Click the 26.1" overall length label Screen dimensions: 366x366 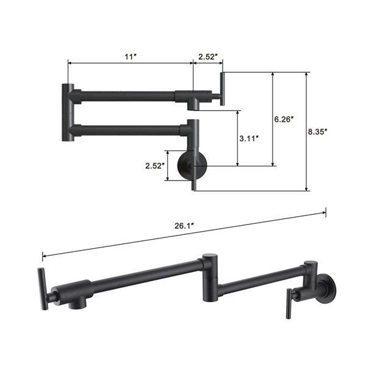[184, 226]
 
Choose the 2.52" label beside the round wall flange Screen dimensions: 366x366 [155, 165]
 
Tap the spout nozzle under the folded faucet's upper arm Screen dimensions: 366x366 [193, 105]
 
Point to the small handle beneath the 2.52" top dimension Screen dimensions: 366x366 [222, 88]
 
